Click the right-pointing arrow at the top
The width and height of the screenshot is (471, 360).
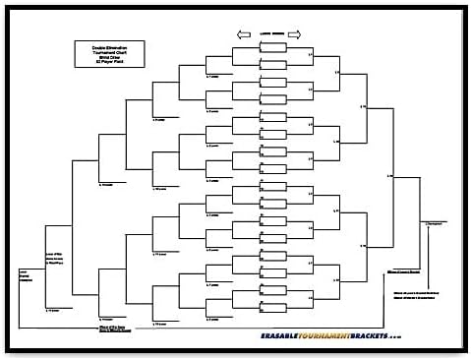point(294,33)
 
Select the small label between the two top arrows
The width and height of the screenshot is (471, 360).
point(268,29)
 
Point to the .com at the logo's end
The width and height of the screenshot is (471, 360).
point(421,337)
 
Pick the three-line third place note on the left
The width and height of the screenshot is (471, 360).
point(55,259)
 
